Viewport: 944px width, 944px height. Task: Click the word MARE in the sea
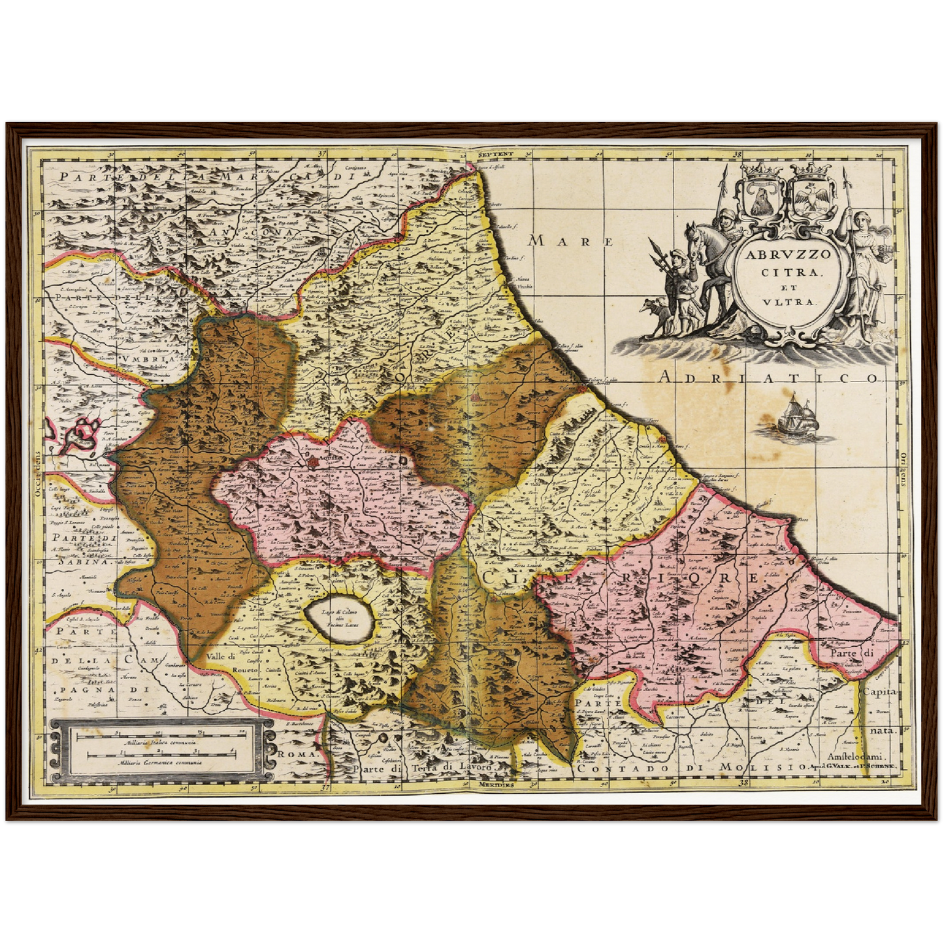click(x=570, y=241)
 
